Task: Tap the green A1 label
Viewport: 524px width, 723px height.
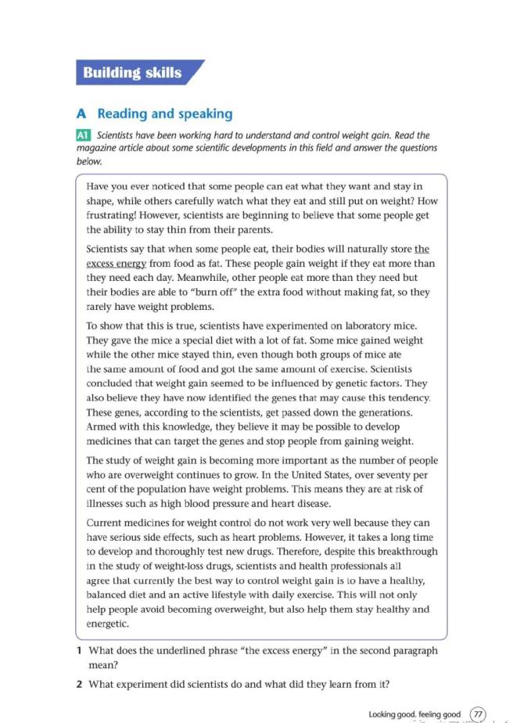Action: tap(84, 135)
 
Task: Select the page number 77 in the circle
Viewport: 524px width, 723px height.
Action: tap(477, 714)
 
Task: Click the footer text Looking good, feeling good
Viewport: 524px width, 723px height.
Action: tap(415, 714)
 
